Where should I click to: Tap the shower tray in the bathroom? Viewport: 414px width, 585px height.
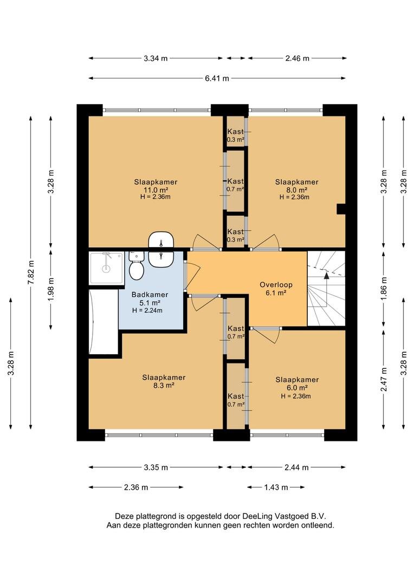pyautogui.click(x=106, y=268)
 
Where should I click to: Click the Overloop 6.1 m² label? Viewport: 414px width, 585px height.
pyautogui.click(x=276, y=289)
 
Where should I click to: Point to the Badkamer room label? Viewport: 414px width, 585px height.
pyautogui.click(x=150, y=295)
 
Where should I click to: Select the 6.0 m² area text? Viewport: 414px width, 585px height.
pyautogui.click(x=297, y=388)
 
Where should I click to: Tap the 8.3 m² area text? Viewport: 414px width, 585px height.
pyautogui.click(x=164, y=386)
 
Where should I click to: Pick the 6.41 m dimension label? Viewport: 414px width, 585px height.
pyautogui.click(x=217, y=79)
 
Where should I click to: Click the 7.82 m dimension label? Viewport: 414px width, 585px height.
pyautogui.click(x=31, y=272)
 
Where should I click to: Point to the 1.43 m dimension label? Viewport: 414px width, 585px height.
pyautogui.click(x=276, y=487)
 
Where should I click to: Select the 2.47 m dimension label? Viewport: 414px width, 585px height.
pyautogui.click(x=384, y=379)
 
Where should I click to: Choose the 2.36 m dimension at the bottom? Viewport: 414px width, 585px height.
pyautogui.click(x=136, y=487)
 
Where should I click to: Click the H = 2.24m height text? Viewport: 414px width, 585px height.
pyautogui.click(x=147, y=310)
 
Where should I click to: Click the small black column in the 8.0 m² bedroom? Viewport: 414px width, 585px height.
pyautogui.click(x=341, y=209)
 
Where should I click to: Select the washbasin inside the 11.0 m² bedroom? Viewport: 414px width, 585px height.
pyautogui.click(x=161, y=240)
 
